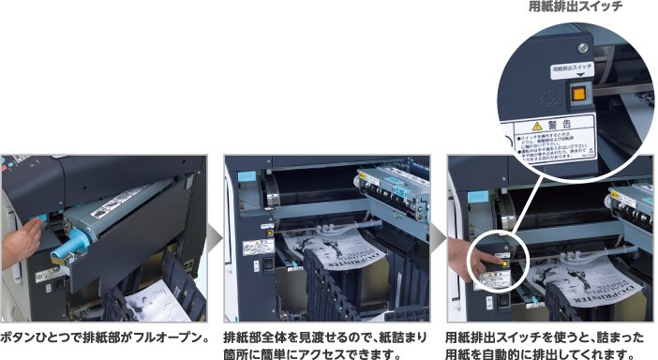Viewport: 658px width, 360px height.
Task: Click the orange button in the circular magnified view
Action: point(578,93)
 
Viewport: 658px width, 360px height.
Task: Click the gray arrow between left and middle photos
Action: point(215,239)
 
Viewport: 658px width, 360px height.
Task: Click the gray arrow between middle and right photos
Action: point(438,239)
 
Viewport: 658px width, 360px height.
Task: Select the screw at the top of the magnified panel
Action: point(583,47)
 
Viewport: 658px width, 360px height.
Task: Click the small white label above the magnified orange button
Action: point(572,69)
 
